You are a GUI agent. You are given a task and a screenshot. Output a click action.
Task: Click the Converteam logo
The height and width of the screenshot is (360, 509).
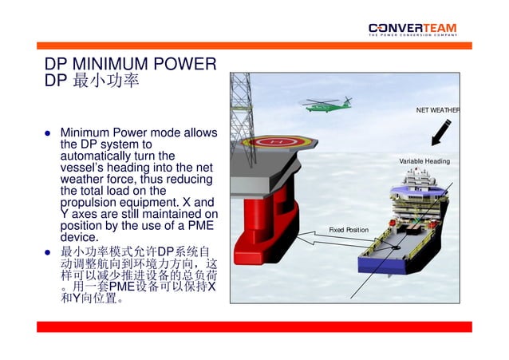click(x=412, y=27)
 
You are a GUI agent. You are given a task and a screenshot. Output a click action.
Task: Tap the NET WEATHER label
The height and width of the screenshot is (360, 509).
click(x=438, y=109)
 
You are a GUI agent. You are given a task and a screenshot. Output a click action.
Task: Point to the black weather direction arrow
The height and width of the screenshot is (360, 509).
click(x=440, y=133)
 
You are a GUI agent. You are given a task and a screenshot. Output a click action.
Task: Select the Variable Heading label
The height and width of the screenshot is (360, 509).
click(x=424, y=161)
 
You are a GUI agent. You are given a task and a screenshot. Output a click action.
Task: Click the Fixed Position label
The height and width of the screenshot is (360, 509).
click(x=349, y=230)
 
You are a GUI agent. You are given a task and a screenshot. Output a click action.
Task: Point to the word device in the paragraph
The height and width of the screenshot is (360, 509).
click(x=78, y=237)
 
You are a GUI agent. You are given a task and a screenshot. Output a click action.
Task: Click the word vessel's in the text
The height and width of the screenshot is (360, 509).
click(x=81, y=168)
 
